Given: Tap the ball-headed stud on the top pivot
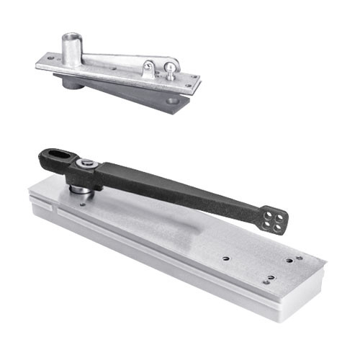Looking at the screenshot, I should tap(169, 68).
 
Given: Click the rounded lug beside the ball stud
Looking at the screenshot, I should tap(148, 69).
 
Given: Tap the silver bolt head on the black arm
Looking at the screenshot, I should tap(86, 164).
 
